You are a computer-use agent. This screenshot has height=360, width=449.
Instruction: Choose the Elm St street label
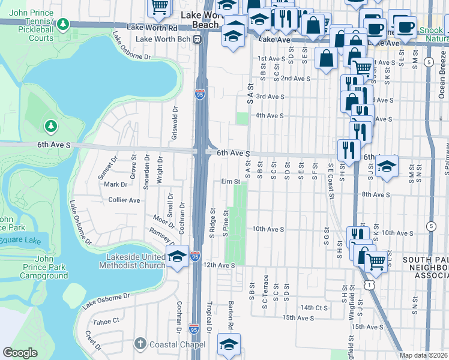point(231,181)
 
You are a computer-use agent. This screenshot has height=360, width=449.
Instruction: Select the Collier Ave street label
point(124,200)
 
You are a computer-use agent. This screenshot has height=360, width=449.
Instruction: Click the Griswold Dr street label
point(175,122)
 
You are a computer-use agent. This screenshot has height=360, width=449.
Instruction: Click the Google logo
point(20,353)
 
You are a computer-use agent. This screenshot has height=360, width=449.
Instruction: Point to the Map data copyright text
point(423,355)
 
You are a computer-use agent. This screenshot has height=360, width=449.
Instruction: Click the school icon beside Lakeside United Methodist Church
point(178,257)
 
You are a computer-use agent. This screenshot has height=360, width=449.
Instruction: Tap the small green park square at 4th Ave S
point(242,119)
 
